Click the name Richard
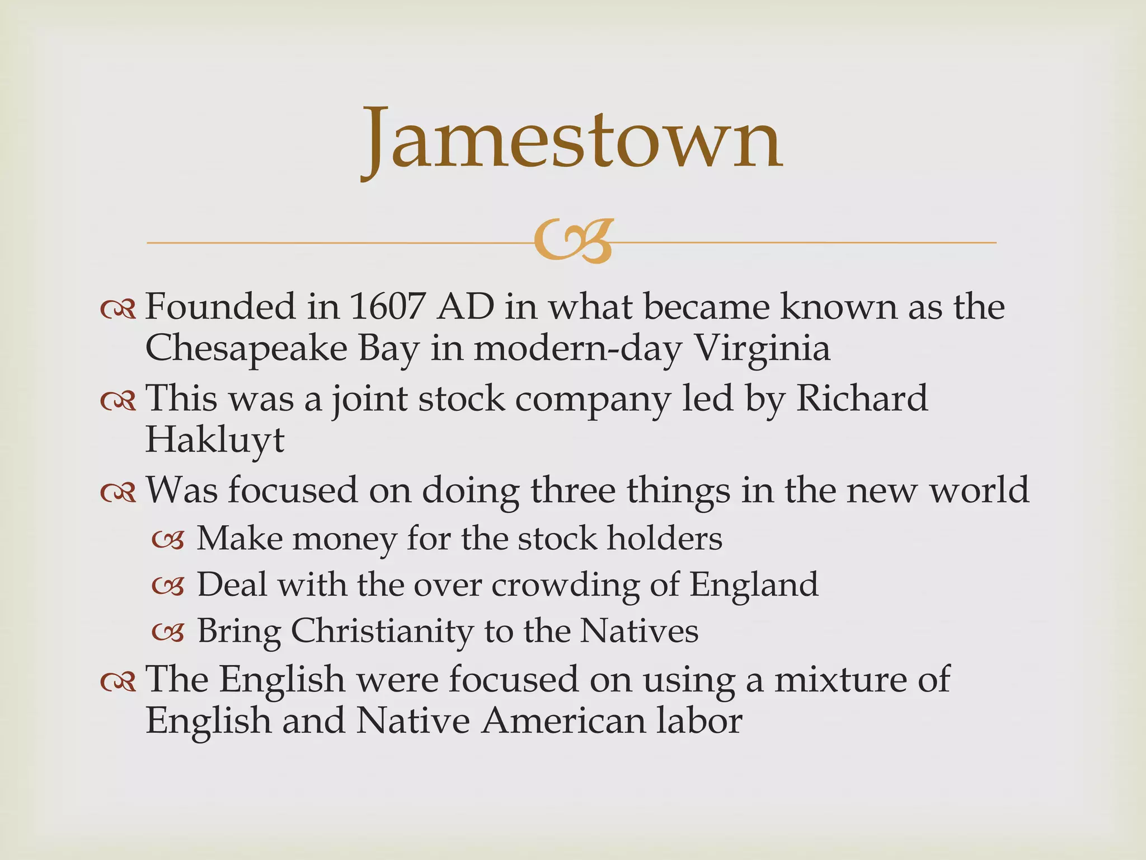pos(862,399)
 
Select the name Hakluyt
pos(215,440)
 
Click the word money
pos(344,539)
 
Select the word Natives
pos(639,632)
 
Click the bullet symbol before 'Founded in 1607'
pos(118,309)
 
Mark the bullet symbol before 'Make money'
pos(168,540)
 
